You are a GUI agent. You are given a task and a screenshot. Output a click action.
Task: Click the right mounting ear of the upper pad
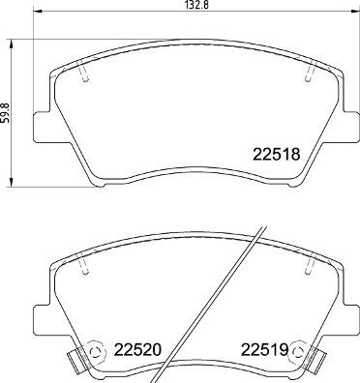click(x=345, y=127)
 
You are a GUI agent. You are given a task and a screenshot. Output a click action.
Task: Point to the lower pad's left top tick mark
click(x=85, y=261)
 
